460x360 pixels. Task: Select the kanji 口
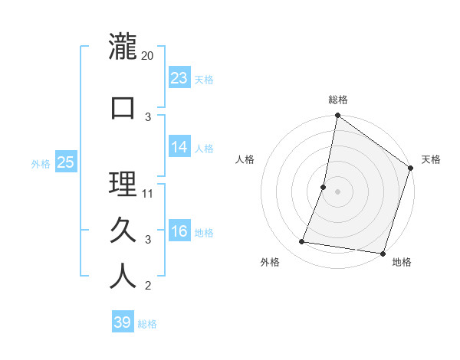coord(123,106)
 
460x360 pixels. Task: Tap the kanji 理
coord(123,184)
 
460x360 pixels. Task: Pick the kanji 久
coord(123,230)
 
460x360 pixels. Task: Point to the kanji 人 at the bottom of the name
coord(123,276)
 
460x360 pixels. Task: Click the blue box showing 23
coord(179,78)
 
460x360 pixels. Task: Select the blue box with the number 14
coord(179,147)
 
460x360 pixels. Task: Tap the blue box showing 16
coord(179,232)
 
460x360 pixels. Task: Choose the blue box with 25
coord(65,162)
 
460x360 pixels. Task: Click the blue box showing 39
coord(123,322)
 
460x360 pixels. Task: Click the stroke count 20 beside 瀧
coord(147,56)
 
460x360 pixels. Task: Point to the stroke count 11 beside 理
coord(148,193)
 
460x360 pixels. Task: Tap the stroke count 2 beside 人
coord(148,286)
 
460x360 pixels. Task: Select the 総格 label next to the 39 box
coord(148,324)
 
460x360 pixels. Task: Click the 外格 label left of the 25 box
coord(41,163)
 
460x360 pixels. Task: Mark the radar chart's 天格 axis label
coord(431,159)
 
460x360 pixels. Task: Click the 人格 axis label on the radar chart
coord(245,159)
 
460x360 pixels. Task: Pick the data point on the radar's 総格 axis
coord(337,116)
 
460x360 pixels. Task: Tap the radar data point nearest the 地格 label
coord(383,253)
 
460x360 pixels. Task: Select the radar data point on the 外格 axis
coord(302,242)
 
